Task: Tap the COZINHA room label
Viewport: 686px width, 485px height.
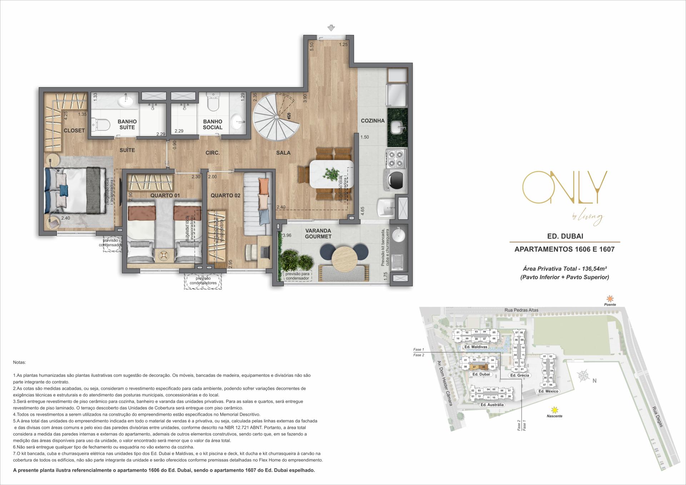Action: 373,121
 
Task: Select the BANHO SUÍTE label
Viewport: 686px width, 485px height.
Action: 127,124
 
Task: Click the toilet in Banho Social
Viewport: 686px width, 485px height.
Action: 213,103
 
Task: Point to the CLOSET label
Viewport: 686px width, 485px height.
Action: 74,130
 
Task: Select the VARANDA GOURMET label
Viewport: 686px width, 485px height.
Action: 318,234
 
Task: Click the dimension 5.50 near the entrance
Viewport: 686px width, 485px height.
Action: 311,46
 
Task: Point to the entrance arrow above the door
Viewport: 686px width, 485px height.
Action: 331,28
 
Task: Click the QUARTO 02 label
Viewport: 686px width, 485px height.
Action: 225,195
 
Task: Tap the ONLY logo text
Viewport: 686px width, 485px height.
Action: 564,189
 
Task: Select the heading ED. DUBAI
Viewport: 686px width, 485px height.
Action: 564,236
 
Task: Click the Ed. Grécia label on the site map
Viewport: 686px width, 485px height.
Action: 519,375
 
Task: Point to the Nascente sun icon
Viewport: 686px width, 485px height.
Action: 555,410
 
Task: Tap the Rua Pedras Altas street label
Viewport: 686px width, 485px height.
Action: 522,310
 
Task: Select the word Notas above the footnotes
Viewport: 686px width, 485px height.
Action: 19,362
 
